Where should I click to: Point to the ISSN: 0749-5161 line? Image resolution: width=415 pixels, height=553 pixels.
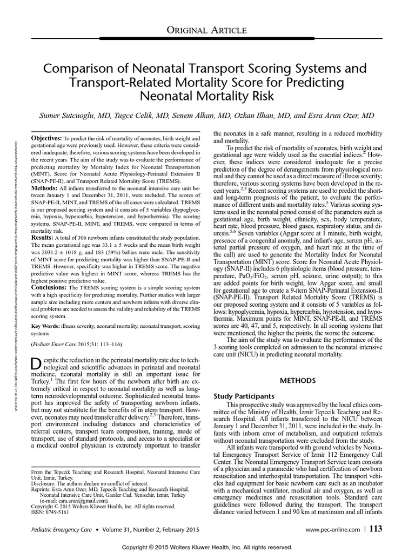[51, 512]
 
